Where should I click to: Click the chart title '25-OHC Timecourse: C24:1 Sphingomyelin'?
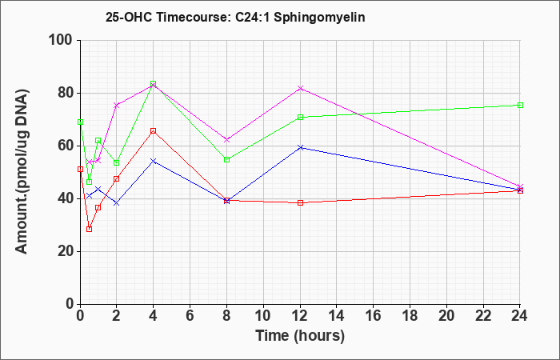[235, 17]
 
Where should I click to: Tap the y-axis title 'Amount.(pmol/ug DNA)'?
[22, 172]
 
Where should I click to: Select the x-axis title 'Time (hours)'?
[300, 336]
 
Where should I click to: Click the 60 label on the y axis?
[64, 146]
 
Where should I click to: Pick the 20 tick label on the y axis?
[64, 251]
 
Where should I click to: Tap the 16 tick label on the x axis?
[374, 316]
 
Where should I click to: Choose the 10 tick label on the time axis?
[263, 316]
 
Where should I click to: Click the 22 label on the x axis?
[483, 316]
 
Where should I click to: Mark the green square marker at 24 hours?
[520, 105]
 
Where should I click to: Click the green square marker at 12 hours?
[300, 117]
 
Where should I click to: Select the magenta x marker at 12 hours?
[300, 88]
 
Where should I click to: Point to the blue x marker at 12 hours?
[300, 147]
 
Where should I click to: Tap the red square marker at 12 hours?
[300, 203]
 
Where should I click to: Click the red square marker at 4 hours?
[154, 130]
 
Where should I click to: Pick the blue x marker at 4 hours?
[154, 161]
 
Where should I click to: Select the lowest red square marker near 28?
[90, 230]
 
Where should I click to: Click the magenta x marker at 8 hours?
[226, 140]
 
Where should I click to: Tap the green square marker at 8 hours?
[226, 160]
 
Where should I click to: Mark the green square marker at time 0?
[80, 122]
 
